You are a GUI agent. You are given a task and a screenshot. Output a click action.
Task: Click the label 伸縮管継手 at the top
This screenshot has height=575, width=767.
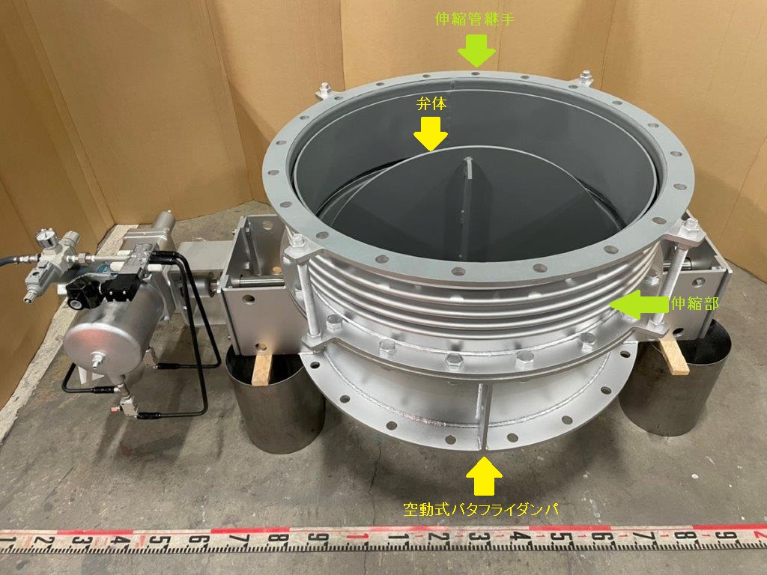click(474, 19)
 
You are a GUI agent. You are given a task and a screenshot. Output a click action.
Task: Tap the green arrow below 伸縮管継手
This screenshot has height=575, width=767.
click(477, 50)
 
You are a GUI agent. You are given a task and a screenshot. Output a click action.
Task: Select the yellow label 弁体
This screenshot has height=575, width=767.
click(431, 103)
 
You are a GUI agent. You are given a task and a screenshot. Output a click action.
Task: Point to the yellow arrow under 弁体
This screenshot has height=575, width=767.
click(431, 134)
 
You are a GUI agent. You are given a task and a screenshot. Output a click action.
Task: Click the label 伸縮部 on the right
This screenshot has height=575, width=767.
click(694, 304)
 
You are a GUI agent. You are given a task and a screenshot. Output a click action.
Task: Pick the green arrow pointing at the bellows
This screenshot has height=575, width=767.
click(638, 305)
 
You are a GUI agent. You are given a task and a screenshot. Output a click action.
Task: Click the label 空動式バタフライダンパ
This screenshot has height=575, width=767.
click(480, 509)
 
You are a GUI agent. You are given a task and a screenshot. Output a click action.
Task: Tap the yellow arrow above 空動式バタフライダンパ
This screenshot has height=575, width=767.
click(483, 475)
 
